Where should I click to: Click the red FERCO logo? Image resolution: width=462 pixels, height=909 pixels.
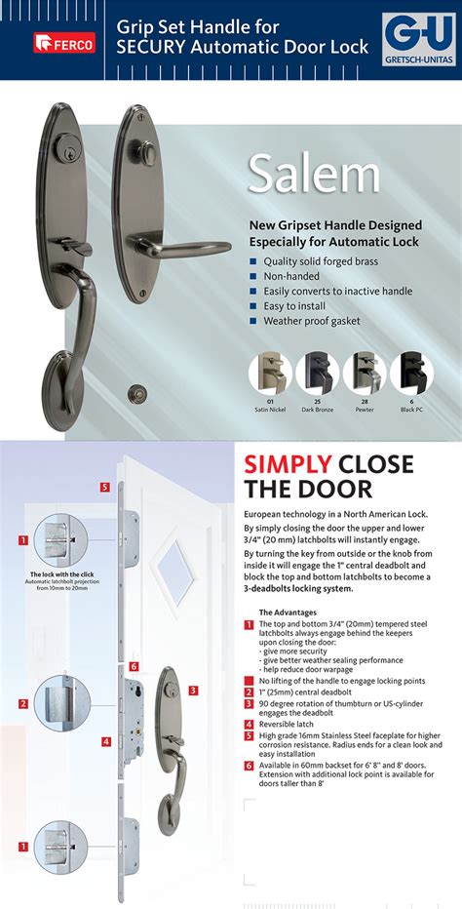click(x=64, y=42)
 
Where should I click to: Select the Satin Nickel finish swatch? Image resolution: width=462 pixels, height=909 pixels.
click(x=270, y=373)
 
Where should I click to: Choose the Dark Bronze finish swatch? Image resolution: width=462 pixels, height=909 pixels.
click(x=317, y=373)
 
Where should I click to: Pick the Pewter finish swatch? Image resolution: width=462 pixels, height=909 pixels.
click(x=365, y=373)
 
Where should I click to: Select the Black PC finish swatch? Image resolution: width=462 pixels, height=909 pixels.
click(x=411, y=373)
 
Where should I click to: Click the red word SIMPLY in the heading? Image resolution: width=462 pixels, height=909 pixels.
click(x=288, y=464)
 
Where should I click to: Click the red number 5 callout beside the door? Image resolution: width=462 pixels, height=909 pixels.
click(x=104, y=486)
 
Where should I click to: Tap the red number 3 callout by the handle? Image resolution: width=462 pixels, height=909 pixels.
click(x=194, y=690)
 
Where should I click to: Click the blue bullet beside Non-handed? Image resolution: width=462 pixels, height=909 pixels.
click(x=253, y=276)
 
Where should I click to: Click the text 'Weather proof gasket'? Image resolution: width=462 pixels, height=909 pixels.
click(x=311, y=321)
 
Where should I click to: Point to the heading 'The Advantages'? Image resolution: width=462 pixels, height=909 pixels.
click(x=289, y=613)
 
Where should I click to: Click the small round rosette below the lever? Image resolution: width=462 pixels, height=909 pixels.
click(x=136, y=394)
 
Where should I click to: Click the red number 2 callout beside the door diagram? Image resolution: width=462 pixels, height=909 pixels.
click(x=22, y=702)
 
